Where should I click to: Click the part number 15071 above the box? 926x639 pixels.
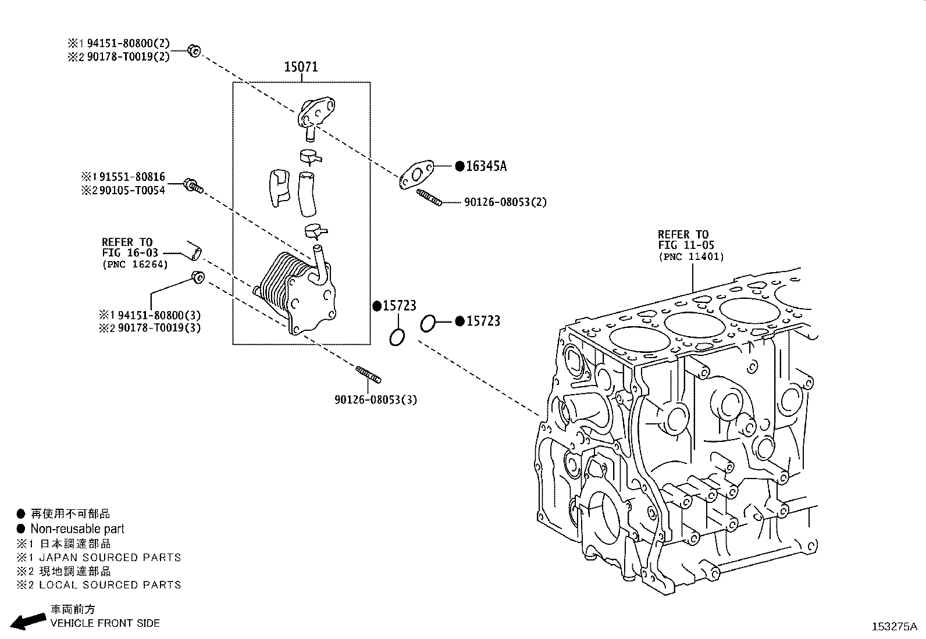point(301,67)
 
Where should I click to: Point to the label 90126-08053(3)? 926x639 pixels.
point(376,400)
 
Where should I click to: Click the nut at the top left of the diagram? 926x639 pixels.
point(195,51)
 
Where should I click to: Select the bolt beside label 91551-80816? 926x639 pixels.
point(193,185)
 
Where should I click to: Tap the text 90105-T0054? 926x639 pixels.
point(132,191)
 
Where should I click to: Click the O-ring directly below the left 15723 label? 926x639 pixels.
point(397,337)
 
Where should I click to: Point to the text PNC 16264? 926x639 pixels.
point(135,265)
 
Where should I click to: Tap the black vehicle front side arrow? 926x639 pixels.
point(29,621)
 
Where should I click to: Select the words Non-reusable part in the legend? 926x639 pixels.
point(77,529)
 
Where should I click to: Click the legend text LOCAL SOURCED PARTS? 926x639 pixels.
point(110,585)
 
